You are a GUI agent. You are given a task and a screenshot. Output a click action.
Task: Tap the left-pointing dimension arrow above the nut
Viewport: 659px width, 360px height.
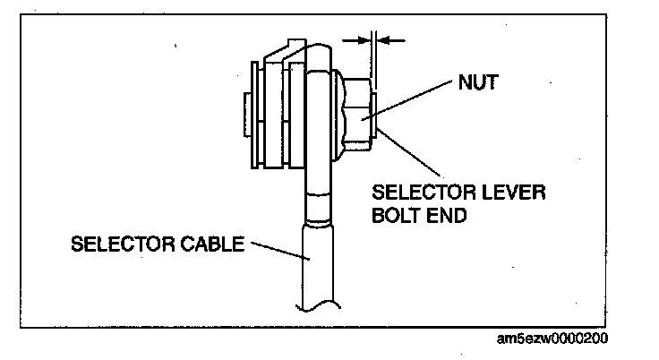[395, 39]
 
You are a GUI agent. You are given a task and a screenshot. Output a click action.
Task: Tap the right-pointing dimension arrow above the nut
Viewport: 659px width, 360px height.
[352, 39]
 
